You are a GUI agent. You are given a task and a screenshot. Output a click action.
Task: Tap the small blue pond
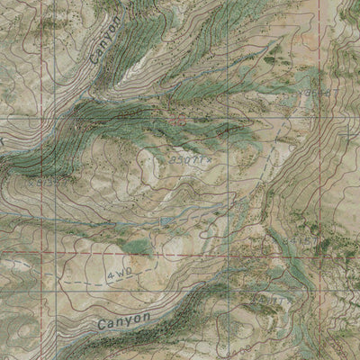166,220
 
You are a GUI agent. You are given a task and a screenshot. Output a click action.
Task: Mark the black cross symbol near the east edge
348,135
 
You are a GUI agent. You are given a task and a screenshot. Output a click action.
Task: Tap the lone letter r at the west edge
3,141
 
